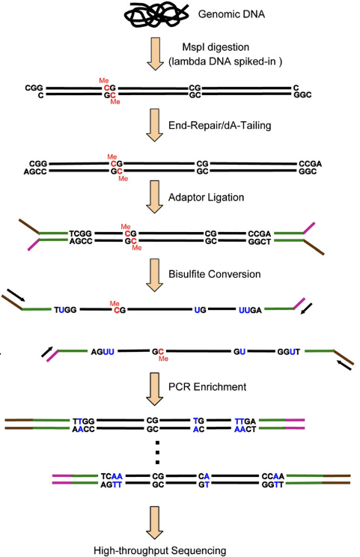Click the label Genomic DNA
pyautogui.click(x=231, y=14)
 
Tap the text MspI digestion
pyautogui.click(x=216, y=47)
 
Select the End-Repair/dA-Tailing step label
pyautogui.click(x=220, y=125)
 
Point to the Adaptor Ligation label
pyautogui.click(x=207, y=197)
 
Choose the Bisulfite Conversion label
pyautogui.click(x=215, y=274)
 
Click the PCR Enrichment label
pyautogui.click(x=207, y=386)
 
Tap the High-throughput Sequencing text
pyautogui.click(x=159, y=550)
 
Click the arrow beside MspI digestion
pyautogui.click(x=155, y=54)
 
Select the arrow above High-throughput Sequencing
pyautogui.click(x=155, y=523)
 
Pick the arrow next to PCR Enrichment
pyautogui.click(x=155, y=389)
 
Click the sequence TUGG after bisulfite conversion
pyautogui.click(x=65, y=310)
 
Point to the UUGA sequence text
pyautogui.click(x=250, y=310)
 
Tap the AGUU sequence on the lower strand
pyautogui.click(x=103, y=352)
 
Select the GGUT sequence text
pyautogui.click(x=289, y=352)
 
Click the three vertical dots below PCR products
pyautogui.click(x=158, y=452)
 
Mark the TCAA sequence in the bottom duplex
pyautogui.click(x=112, y=476)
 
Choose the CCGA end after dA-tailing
pyautogui.click(x=311, y=164)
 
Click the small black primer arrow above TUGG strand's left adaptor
pyautogui.click(x=16, y=295)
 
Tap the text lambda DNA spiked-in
pyautogui.click(x=225, y=61)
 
